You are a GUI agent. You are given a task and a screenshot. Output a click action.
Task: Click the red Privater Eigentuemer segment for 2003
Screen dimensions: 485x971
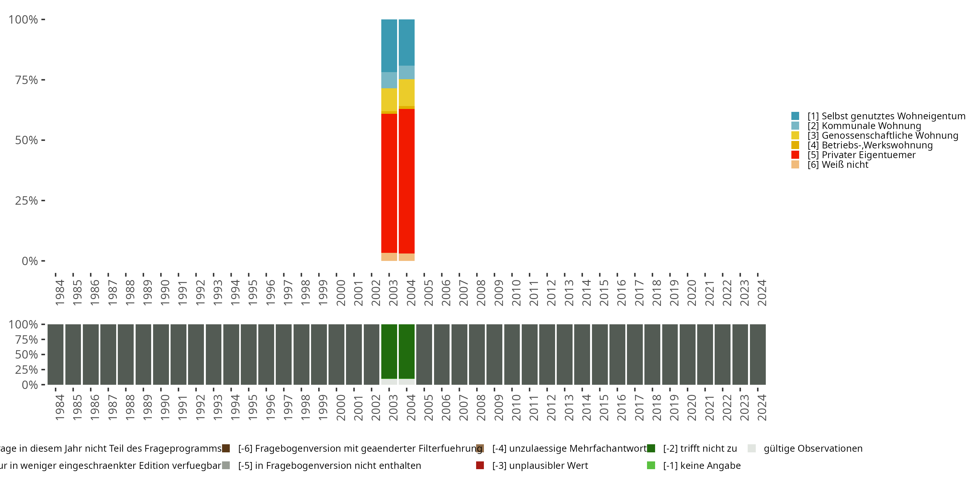pos(389,183)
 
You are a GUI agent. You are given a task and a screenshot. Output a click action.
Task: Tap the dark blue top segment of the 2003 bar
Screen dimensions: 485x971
pos(389,46)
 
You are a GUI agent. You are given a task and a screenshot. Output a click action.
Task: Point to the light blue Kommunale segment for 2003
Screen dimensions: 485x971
pos(389,80)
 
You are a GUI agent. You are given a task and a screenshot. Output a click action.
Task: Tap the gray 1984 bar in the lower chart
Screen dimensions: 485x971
pos(55,354)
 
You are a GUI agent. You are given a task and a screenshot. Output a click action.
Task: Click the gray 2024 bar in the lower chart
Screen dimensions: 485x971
pos(758,354)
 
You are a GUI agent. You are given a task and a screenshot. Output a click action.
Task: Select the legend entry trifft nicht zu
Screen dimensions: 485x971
pos(699,448)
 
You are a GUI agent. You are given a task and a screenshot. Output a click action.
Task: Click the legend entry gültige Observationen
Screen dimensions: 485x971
pos(813,448)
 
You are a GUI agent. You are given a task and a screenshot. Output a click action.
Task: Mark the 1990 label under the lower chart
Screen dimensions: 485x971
pos(165,407)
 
